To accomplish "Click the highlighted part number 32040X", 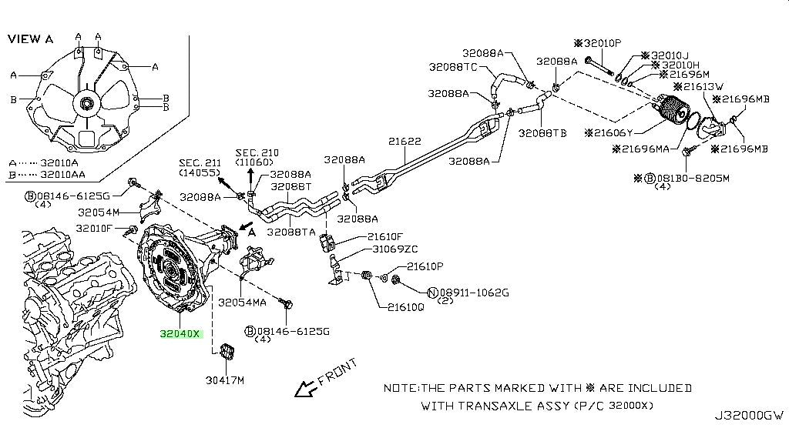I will click(x=180, y=334).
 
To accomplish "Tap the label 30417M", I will click(x=225, y=380).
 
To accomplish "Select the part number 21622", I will click(x=405, y=142).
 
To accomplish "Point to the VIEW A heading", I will click(x=32, y=38).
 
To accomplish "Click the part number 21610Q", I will click(x=401, y=306).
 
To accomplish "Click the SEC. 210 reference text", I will click(x=257, y=153).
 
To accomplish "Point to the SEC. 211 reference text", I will click(x=200, y=162).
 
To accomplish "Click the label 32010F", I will click(x=94, y=228).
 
